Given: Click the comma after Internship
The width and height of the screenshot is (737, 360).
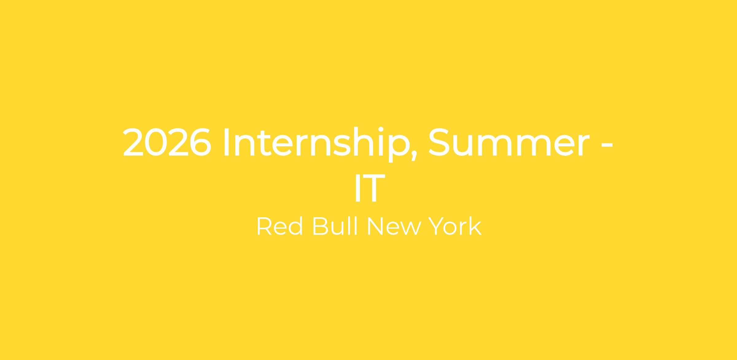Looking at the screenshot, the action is coord(414,156).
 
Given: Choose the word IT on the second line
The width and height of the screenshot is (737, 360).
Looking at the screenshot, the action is coord(370,188).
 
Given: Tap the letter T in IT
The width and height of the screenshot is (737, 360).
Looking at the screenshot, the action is coord(374,188).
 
